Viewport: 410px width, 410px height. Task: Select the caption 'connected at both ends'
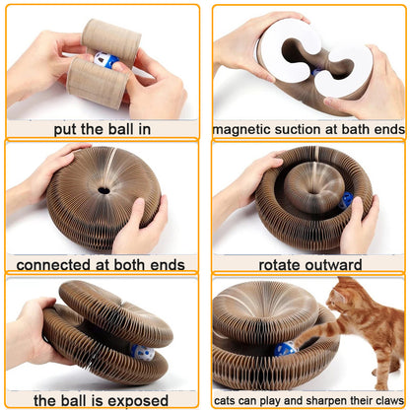102,264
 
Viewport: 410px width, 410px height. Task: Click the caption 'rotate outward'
307,264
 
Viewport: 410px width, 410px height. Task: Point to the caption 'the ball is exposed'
102,399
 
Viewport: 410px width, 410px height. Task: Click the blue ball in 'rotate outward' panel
347,200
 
